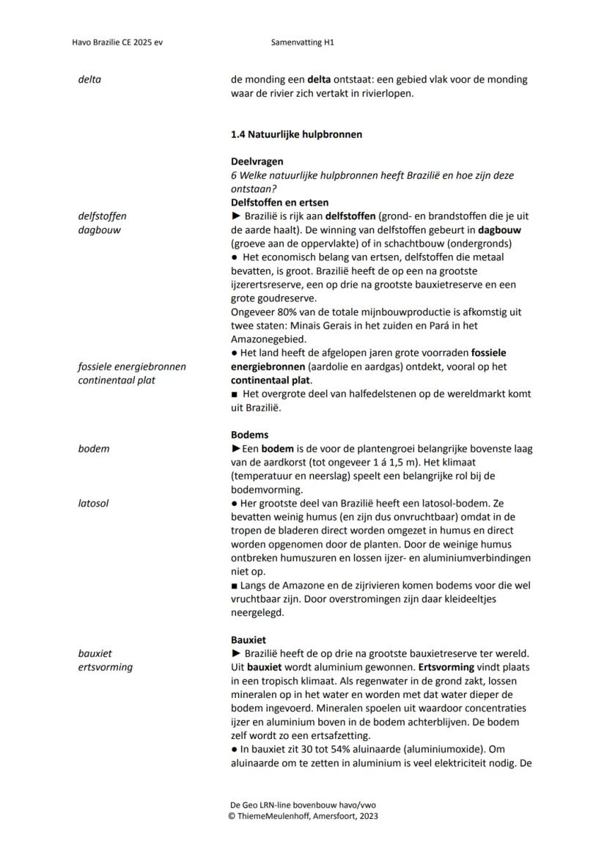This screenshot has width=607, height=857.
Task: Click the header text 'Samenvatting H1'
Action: (302, 43)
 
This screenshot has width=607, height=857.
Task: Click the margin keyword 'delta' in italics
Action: (89, 79)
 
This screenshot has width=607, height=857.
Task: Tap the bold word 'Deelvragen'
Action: (257, 161)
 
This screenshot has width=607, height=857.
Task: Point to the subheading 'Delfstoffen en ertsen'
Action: (279, 202)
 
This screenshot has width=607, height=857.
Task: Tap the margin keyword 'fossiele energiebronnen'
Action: (132, 367)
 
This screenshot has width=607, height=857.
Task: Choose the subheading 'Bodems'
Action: (249, 435)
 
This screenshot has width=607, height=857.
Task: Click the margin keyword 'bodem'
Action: (93, 448)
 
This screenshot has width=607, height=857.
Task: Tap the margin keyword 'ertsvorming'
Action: (106, 666)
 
